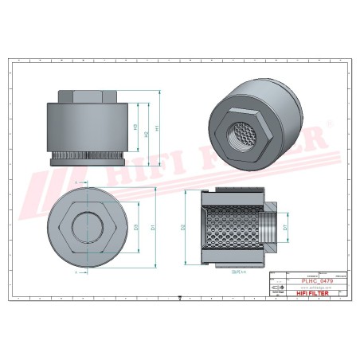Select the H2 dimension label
pos(146,133)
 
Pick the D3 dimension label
pos(136,228)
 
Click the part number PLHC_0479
pos(317,281)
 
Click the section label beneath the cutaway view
pos(235,271)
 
